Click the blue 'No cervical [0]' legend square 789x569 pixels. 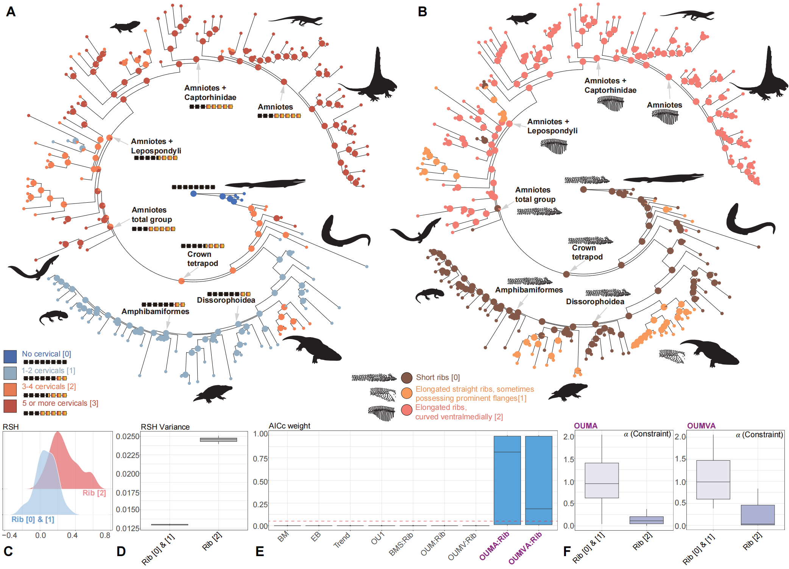click(x=10, y=356)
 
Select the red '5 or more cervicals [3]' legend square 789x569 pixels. click(x=10, y=406)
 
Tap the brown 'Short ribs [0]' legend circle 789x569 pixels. click(x=407, y=378)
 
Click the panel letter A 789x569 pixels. click(x=11, y=12)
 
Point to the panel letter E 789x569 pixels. click(x=260, y=551)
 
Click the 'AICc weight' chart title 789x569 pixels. click(x=289, y=426)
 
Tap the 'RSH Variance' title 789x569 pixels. click(x=165, y=427)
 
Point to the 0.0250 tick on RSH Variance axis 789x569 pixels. click(x=128, y=436)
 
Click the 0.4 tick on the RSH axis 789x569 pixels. click(x=72, y=535)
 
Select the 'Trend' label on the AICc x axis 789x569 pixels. click(x=342, y=540)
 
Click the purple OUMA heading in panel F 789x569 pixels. click(x=585, y=426)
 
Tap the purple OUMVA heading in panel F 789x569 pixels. click(x=701, y=426)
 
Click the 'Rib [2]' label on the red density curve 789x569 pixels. click(x=94, y=493)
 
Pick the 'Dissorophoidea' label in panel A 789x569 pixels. click(x=226, y=300)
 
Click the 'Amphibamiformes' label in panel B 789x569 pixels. click(x=529, y=290)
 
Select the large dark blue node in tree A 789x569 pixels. click(x=193, y=194)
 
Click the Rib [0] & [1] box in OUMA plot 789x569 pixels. click(x=602, y=480)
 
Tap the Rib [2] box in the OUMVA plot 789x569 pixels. click(x=758, y=515)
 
